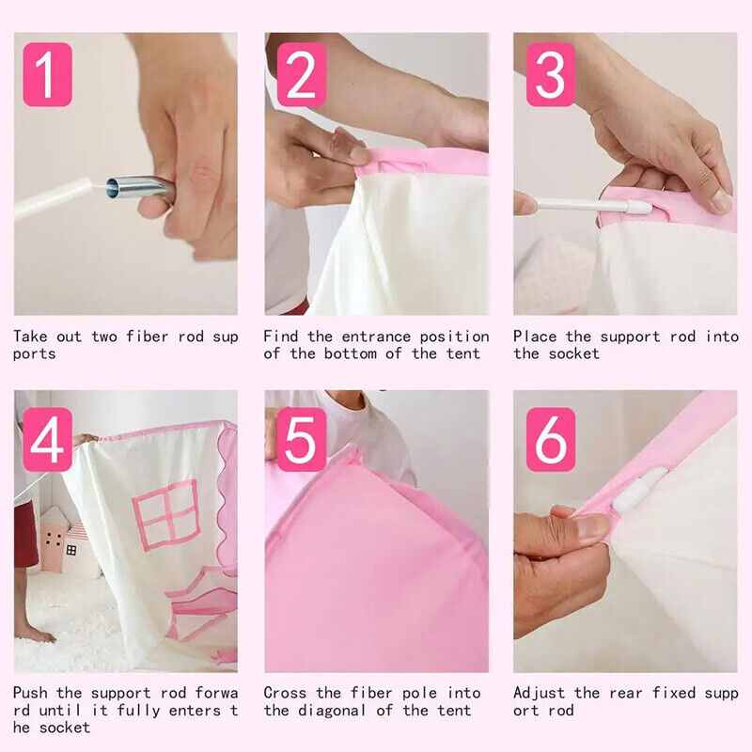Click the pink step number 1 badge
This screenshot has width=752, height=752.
[x=48, y=74]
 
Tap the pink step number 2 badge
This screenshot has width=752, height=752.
[x=301, y=74]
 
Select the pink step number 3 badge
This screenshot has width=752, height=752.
[x=551, y=74]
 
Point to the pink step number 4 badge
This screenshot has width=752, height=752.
[x=48, y=439]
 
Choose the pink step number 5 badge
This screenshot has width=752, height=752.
[x=301, y=439]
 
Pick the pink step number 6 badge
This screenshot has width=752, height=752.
[x=551, y=439]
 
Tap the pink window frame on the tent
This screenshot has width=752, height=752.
[x=166, y=514]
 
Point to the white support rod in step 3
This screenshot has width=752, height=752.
[x=595, y=205]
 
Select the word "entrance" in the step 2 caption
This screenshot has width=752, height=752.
[x=377, y=337]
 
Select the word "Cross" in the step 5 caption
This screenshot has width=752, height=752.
[x=285, y=693]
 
